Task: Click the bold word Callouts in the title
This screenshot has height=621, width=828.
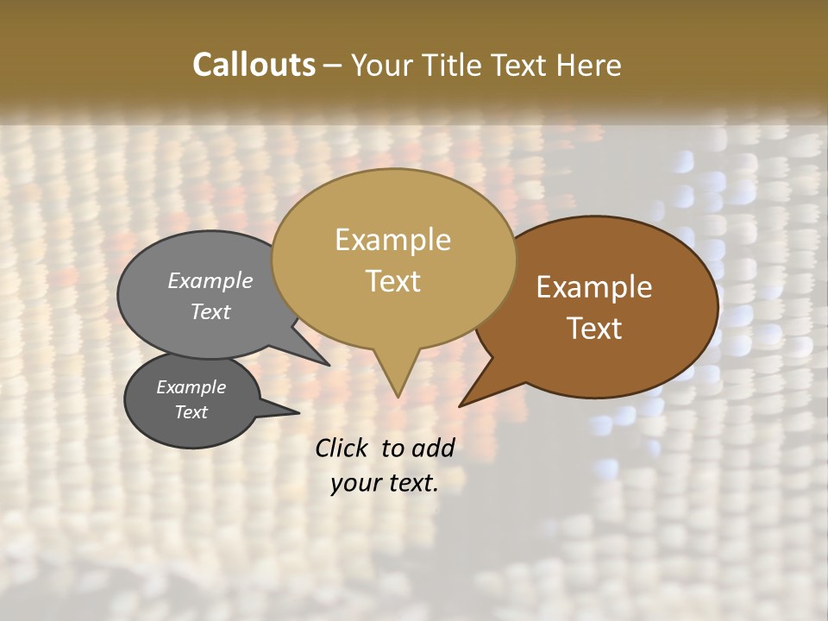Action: (x=254, y=65)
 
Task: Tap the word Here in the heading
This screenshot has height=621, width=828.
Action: (x=590, y=65)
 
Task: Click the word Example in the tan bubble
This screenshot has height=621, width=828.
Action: (x=392, y=240)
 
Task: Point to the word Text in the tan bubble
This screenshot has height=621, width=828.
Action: (x=392, y=281)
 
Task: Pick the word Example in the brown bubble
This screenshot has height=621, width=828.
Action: (x=594, y=287)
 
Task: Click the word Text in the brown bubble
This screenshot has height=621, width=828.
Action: (x=594, y=329)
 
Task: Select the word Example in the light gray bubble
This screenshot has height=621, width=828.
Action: (x=210, y=280)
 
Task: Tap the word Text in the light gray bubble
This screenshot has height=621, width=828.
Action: (x=210, y=311)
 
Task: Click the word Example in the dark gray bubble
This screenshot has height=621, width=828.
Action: (x=191, y=387)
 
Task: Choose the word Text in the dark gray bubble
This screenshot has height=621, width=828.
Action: (x=191, y=412)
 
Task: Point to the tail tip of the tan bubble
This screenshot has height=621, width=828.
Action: (x=398, y=395)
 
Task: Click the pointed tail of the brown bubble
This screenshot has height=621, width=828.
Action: (x=462, y=404)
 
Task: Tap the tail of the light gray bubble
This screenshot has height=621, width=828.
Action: (x=324, y=363)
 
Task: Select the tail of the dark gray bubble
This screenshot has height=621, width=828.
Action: (x=293, y=412)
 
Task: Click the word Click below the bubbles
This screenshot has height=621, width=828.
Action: (x=343, y=448)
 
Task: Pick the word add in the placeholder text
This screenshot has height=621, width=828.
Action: (x=434, y=448)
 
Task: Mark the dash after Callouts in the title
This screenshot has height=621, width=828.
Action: (x=332, y=65)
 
